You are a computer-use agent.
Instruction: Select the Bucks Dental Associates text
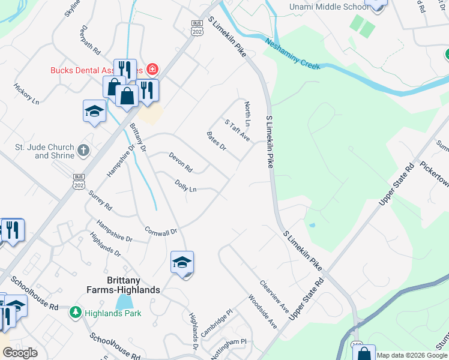[96, 70]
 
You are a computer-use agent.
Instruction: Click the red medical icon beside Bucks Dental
[152, 70]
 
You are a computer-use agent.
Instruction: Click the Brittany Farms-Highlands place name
[125, 284]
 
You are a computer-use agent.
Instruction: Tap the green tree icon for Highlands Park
[76, 312]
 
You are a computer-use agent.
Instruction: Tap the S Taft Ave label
[237, 130]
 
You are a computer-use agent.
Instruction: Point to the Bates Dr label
[216, 142]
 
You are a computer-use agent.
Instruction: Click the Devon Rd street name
[180, 161]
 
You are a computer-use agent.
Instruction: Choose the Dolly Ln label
[185, 186]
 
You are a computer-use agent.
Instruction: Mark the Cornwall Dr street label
[161, 231]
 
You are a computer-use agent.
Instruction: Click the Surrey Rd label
[100, 200]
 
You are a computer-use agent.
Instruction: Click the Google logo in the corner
[20, 352]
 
